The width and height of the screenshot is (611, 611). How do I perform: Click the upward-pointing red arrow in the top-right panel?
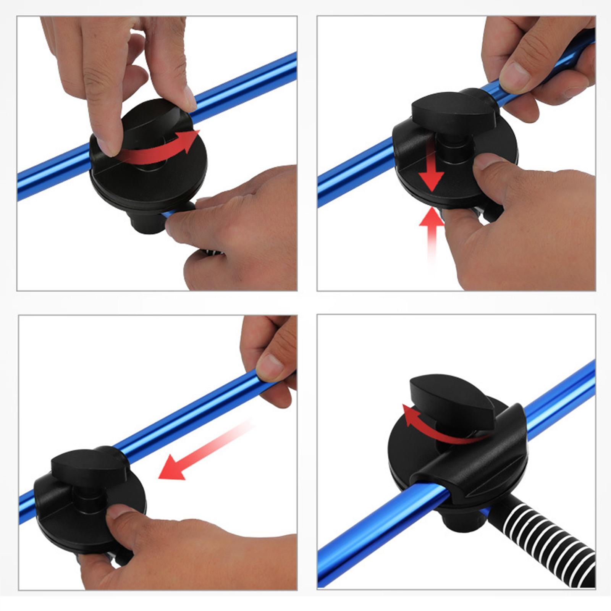click(432, 229)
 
